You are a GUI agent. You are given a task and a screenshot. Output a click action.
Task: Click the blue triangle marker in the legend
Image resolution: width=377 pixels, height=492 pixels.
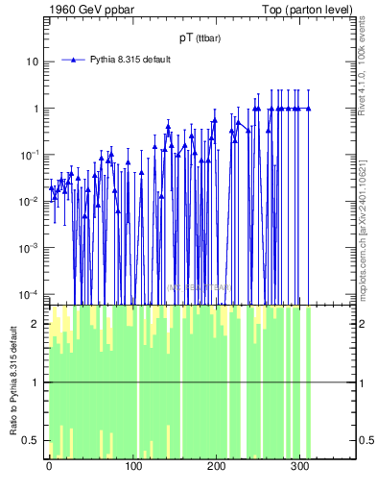point(72,60)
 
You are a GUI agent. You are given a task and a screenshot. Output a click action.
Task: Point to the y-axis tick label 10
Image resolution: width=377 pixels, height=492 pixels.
point(33,61)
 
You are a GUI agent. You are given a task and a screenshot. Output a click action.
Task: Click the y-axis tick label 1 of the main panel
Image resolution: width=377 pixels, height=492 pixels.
point(35,109)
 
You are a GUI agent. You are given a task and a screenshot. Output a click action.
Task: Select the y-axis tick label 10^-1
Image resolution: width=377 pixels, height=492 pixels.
point(31,155)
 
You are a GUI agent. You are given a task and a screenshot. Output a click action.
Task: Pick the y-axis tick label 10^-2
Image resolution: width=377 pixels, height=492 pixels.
point(31,201)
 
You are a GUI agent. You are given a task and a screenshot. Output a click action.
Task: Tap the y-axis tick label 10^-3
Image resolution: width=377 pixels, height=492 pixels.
point(31,247)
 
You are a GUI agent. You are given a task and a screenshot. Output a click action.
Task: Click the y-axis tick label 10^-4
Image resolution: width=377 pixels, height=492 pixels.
point(31,293)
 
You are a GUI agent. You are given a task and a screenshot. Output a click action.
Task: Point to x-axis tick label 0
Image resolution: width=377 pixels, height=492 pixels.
point(49,469)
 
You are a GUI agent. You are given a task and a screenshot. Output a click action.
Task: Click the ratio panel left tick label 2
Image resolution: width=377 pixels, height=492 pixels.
point(37,325)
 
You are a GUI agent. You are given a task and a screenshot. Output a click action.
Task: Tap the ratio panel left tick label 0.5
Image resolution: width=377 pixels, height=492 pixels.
point(34,441)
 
